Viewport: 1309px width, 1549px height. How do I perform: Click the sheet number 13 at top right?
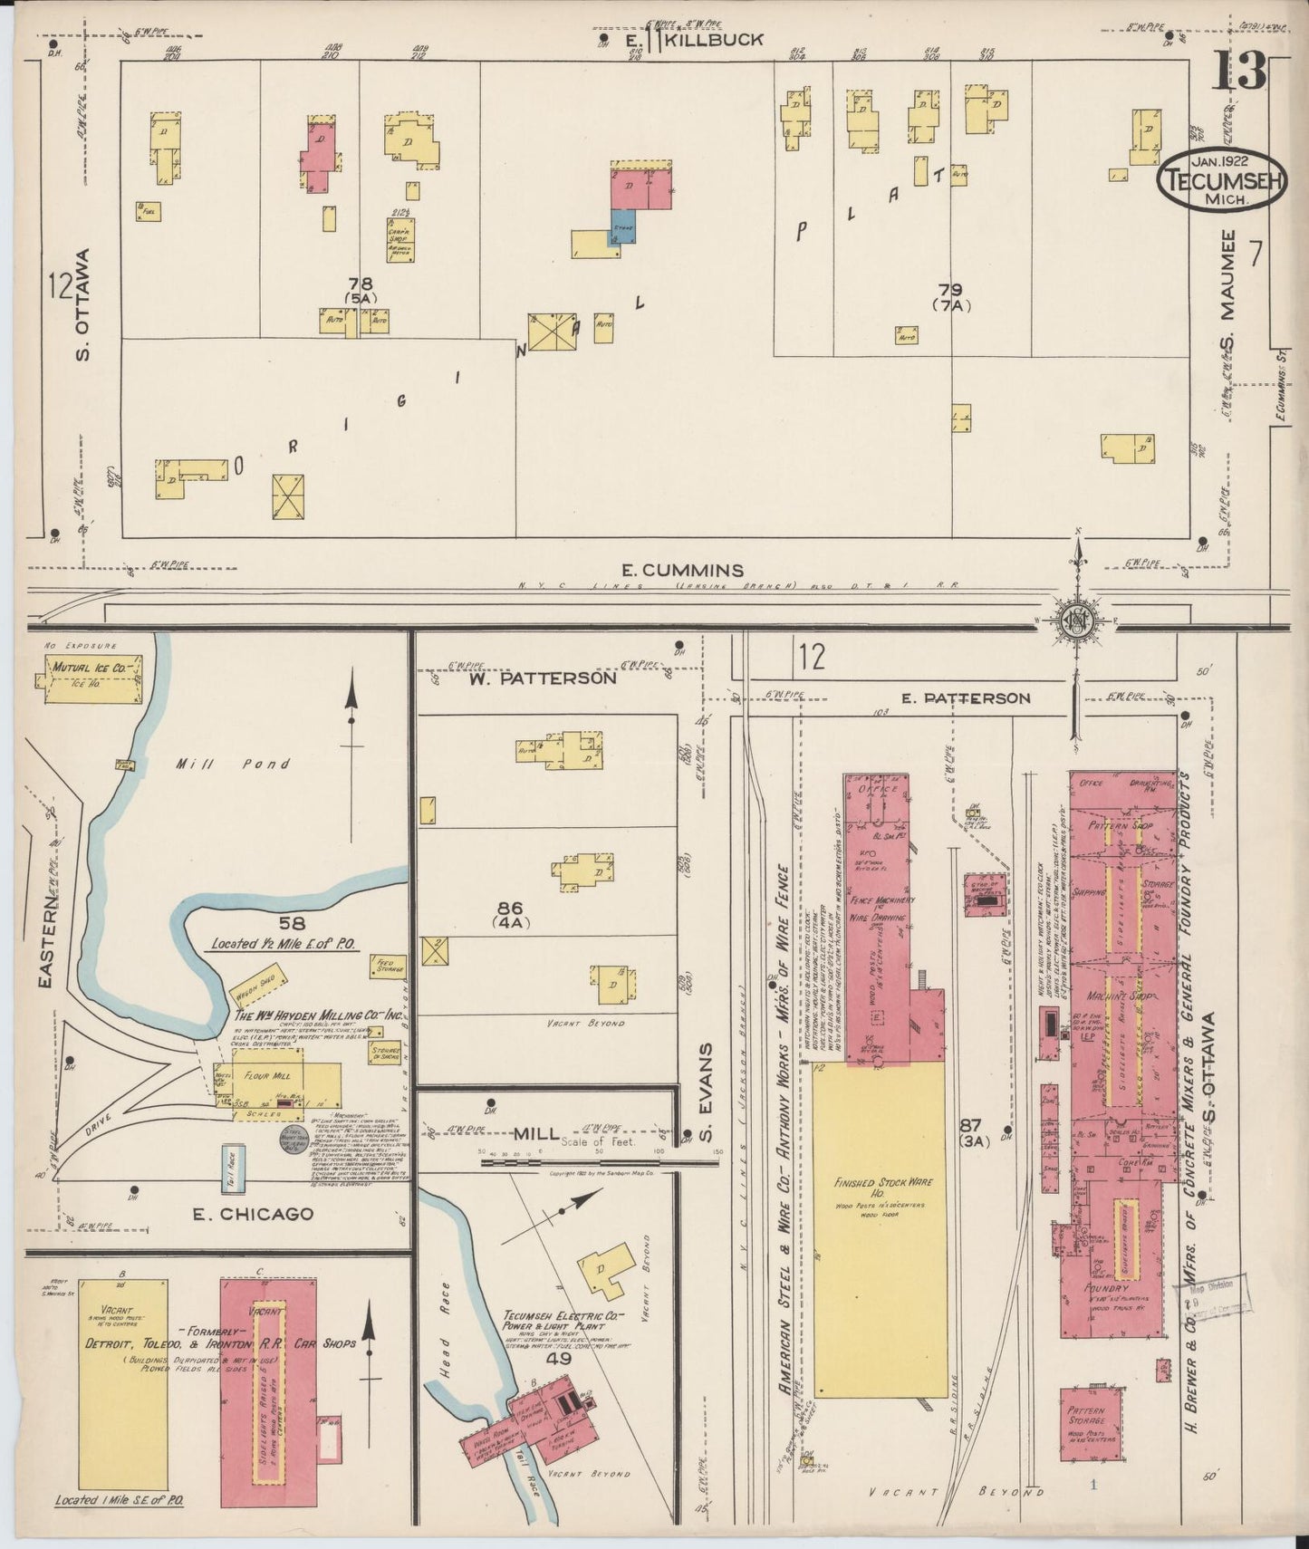[x=1239, y=70]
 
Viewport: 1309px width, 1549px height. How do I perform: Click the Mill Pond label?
[x=234, y=764]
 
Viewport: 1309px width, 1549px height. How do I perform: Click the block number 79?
[x=950, y=290]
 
